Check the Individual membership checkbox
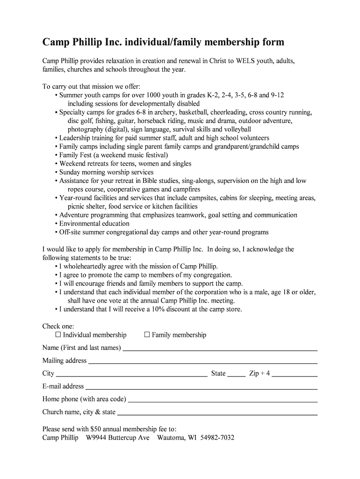point(58,334)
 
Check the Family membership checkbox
point(147,334)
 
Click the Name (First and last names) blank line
point(220,348)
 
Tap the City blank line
point(131,374)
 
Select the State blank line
point(237,374)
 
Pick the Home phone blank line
point(223,400)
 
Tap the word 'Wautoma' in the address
point(171,438)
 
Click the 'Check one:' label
point(58,326)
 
